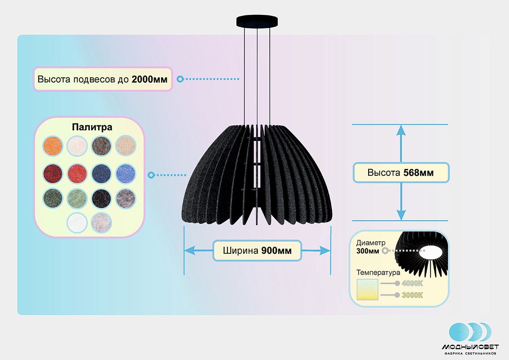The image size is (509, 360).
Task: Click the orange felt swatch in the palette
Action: coord(53,146)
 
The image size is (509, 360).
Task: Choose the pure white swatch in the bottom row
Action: coord(77,222)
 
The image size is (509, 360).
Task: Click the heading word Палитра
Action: coord(92,127)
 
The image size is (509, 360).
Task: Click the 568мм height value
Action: coord(418,173)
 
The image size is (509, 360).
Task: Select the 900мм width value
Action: coord(276,250)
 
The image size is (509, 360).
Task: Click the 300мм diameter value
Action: coord(368,251)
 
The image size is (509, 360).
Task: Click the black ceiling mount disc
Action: coord(257,21)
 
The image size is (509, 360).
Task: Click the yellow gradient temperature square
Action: coord(367,290)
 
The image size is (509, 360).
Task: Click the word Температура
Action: coord(378,273)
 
